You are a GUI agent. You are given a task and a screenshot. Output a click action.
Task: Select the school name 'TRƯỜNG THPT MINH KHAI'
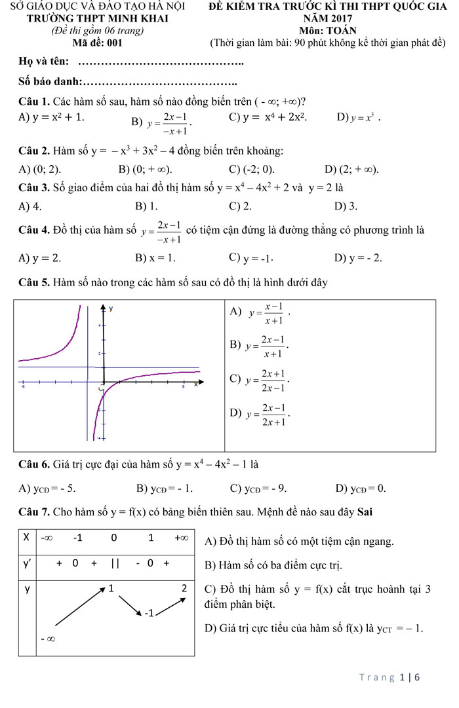click(x=97, y=19)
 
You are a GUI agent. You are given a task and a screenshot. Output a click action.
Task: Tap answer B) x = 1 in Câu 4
click(x=155, y=257)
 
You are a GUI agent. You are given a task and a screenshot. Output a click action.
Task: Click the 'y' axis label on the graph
click(x=111, y=308)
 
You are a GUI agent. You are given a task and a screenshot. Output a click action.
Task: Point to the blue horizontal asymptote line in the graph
click(x=157, y=367)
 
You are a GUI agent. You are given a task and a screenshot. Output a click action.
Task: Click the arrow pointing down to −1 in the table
click(x=129, y=605)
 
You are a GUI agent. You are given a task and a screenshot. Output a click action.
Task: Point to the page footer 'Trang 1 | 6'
click(x=389, y=677)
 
